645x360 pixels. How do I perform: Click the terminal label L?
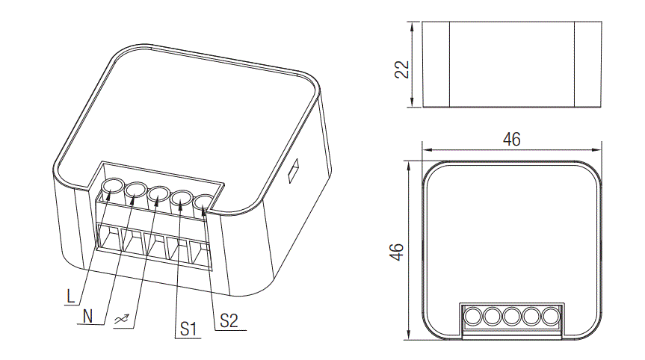pos(70,296)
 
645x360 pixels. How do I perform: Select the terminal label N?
pos(88,315)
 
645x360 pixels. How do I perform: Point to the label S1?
pos(187,329)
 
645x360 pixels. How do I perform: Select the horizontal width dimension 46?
pos(511,139)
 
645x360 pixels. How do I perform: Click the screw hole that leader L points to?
pos(112,187)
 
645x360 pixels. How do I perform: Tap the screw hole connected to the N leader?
pos(135,191)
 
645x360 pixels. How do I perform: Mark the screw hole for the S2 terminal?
pos(204,202)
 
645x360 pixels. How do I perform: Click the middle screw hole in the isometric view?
pos(158,195)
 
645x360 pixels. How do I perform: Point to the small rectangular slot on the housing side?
pos(294,171)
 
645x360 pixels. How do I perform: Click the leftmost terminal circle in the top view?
pos(472,317)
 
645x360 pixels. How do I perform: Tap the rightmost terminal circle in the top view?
pos(551,317)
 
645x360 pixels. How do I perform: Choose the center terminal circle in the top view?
pos(511,317)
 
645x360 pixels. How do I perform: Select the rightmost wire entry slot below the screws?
pos(202,255)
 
